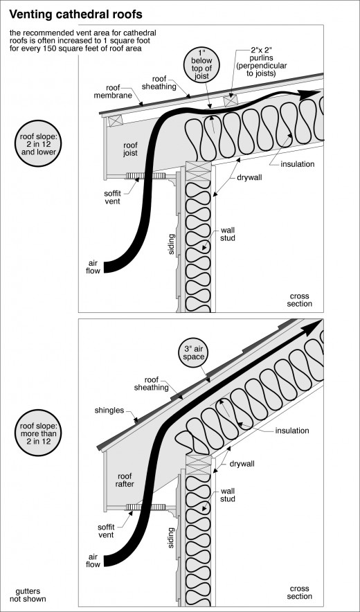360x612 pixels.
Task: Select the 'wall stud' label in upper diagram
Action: click(x=228, y=234)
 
